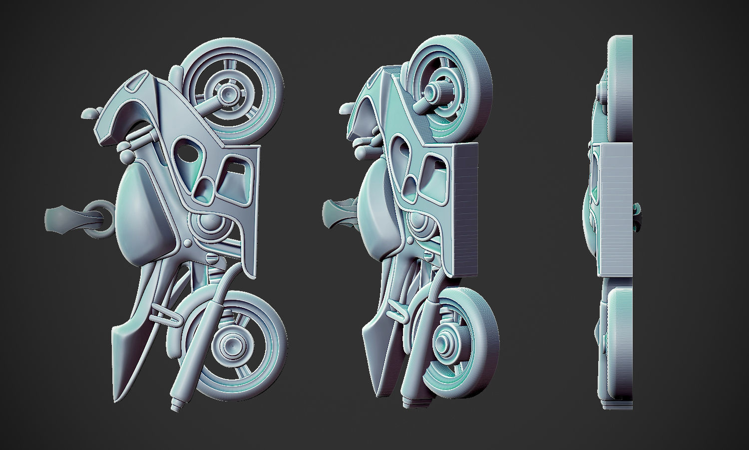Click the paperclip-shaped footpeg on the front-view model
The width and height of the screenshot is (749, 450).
point(165,315)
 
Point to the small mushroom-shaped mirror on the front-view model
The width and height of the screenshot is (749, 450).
point(90,113)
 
